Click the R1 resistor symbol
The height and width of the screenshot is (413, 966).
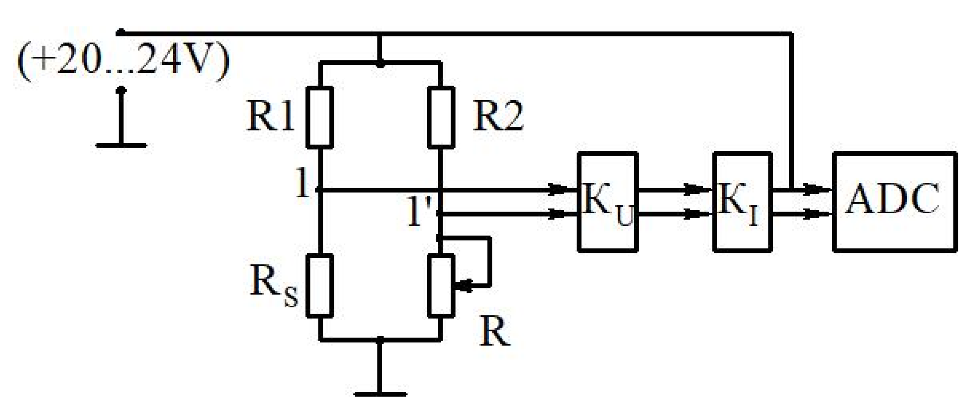320,117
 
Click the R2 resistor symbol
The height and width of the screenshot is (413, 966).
441,117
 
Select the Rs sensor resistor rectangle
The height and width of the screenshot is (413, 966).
320,285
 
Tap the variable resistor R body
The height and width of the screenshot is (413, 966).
441,285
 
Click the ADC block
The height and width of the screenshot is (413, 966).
894,202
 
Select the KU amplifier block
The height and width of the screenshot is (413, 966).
607,202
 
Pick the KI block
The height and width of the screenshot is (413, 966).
742,202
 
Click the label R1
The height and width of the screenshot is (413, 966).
271,116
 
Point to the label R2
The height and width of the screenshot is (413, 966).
498,116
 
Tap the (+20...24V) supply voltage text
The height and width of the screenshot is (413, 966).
123,62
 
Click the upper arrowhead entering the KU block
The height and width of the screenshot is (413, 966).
559,189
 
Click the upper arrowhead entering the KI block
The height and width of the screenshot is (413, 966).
695,189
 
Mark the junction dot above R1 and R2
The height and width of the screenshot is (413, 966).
380,63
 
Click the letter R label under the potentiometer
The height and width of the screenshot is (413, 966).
495,332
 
